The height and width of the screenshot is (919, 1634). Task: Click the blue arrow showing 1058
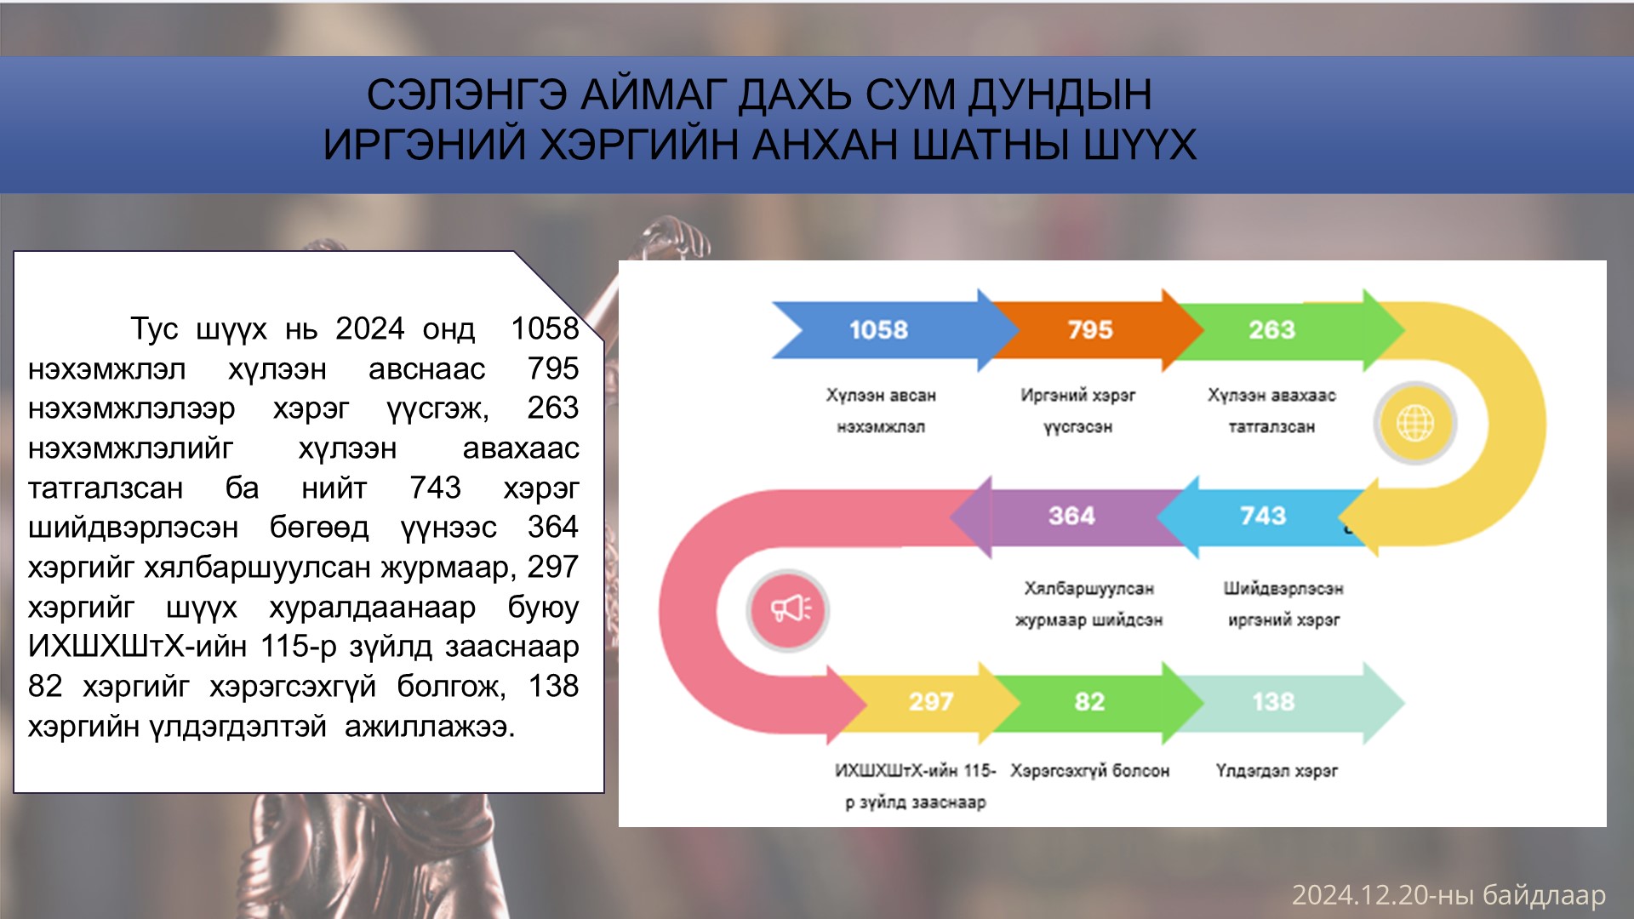[x=885, y=330]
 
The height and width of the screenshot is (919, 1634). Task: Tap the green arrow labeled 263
[x=1285, y=330]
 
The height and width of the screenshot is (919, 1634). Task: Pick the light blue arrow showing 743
[x=1260, y=517]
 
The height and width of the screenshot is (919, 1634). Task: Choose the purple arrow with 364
[x=1068, y=517]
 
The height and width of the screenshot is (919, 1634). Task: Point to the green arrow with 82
[x=1098, y=703]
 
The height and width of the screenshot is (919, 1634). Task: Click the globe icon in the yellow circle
[x=1415, y=423]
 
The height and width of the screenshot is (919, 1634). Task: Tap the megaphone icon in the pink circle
[x=791, y=609]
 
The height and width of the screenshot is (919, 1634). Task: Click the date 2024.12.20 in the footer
[x=1359, y=895]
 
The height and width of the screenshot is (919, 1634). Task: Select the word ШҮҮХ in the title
[x=1140, y=145]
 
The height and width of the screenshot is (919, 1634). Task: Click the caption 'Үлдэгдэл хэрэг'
[x=1277, y=771]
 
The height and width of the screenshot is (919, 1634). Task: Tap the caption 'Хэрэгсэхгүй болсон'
[x=1090, y=771]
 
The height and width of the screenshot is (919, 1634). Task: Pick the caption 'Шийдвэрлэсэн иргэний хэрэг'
[x=1283, y=604]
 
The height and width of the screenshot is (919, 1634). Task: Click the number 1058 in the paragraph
[x=545, y=329]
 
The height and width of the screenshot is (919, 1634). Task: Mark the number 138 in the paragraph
[x=553, y=687]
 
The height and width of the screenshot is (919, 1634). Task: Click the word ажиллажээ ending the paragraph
[x=430, y=727]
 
